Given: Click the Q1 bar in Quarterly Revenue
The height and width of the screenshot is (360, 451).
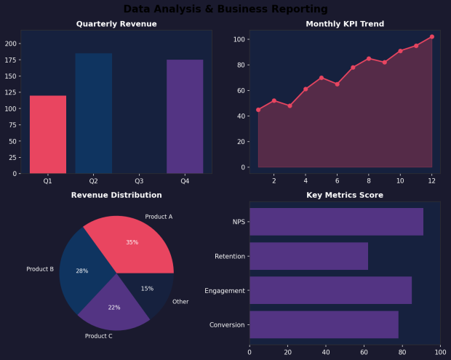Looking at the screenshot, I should [48, 135].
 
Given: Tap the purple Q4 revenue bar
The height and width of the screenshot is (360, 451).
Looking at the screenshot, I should [185, 116].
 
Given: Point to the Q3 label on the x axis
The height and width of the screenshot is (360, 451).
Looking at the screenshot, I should [139, 180].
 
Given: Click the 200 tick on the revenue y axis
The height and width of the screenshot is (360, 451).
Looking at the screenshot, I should [11, 44].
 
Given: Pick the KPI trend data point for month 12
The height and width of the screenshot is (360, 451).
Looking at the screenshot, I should [431, 36].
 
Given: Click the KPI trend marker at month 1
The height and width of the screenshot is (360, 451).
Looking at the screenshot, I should [258, 110].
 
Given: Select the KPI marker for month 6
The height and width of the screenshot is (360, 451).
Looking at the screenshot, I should [337, 84].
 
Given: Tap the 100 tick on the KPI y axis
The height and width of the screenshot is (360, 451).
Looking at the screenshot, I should [237, 39].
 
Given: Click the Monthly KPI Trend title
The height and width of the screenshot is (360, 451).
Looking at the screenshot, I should [345, 24].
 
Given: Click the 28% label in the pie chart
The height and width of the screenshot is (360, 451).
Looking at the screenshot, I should [81, 271].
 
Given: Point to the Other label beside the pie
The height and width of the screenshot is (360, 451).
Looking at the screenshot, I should [180, 301].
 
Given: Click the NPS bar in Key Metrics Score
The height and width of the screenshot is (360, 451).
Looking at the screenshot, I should [336, 222].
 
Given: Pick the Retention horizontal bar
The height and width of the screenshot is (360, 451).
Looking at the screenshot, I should [308, 256].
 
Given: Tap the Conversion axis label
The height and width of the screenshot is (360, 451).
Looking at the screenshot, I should [227, 324].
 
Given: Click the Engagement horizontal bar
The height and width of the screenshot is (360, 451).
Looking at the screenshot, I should [330, 290].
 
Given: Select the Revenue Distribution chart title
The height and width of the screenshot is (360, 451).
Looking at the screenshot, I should [116, 195].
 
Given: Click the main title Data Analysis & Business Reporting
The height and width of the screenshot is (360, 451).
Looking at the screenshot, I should [225, 9].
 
